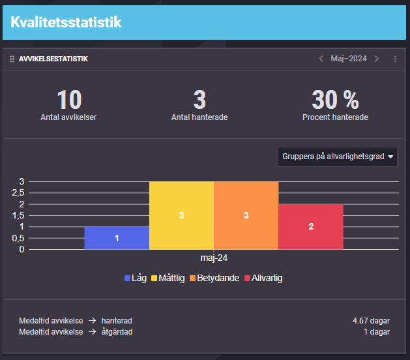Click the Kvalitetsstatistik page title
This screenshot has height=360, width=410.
pos(66,23)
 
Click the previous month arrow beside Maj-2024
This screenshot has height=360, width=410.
pos(321,59)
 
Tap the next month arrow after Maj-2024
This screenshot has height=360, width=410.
pos(377,59)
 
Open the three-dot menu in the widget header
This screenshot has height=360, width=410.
pos(395,59)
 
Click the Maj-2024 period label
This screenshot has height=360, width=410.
pos(349,59)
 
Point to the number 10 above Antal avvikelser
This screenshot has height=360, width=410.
pos(68,100)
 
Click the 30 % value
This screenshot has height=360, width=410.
pos(335,100)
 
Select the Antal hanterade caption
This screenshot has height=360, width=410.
pos(199,117)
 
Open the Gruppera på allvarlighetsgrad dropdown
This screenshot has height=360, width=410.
pos(338,157)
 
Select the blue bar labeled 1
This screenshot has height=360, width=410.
pos(117,238)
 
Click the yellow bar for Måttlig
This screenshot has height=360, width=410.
pos(181,215)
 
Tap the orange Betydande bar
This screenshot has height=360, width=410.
pos(246,215)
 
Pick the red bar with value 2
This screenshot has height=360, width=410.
pos(311,226)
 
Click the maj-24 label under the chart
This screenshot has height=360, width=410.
pos(214,258)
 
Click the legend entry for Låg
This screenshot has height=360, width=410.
pos(136,278)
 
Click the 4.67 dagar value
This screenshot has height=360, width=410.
pos(371,321)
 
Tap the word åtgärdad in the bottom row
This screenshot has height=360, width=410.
pos(118,331)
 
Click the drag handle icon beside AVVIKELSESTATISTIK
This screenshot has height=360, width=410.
pos(12,59)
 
